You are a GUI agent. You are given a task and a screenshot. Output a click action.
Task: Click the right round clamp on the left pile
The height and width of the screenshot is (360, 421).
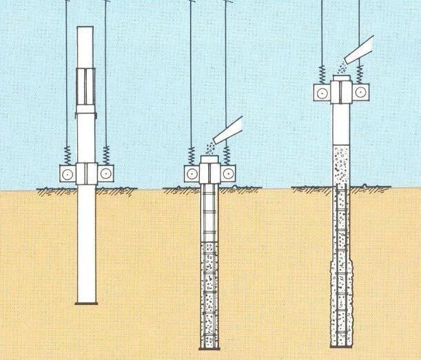(105, 173)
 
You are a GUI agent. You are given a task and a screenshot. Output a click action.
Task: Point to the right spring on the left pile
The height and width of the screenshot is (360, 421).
(106, 153)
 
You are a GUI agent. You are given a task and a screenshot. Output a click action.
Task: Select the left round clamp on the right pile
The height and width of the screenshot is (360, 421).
(322, 92)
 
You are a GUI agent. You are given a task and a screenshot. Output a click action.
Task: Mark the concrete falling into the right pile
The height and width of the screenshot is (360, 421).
(340, 69)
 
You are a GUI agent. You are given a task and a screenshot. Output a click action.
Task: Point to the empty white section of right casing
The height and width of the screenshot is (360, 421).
(340, 124)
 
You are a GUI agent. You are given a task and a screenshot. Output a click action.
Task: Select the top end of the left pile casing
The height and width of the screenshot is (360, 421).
(85, 29)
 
